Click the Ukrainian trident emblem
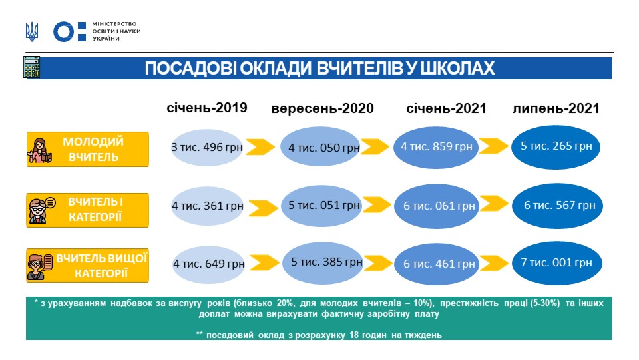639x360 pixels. click(31, 31)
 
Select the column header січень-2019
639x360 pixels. click(206, 108)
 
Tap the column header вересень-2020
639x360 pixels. click(322, 108)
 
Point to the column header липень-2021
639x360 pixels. click(556, 108)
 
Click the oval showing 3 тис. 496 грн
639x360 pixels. click(208, 146)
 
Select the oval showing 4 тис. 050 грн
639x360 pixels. click(320, 147)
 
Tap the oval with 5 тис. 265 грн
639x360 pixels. click(556, 146)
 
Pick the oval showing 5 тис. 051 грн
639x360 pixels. click(321, 205)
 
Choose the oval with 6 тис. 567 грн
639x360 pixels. click(558, 205)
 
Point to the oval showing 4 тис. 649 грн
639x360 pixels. click(208, 264)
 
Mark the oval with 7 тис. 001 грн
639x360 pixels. click(556, 263)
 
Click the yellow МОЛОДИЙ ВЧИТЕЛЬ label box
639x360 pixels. click(87, 150)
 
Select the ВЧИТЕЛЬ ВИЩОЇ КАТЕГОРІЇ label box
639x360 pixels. click(87, 266)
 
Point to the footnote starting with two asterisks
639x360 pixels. click(319, 335)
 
